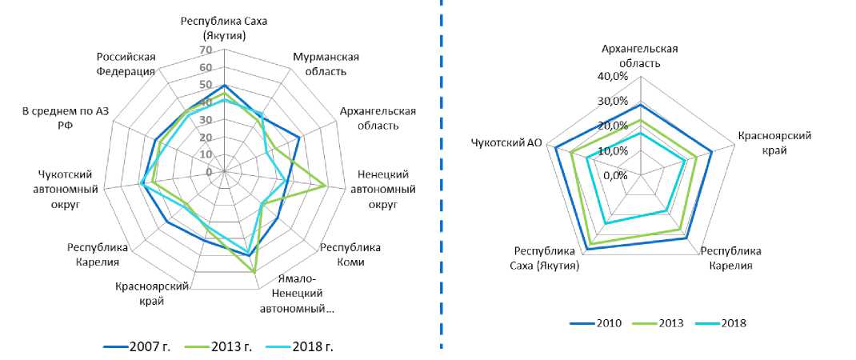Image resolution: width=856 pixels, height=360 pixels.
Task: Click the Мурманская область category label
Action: (x=326, y=65)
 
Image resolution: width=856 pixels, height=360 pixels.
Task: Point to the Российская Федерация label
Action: (x=126, y=64)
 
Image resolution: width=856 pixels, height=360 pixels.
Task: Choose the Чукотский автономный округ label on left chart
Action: (x=74, y=189)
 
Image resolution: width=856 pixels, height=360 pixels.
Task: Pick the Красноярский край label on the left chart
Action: (x=152, y=293)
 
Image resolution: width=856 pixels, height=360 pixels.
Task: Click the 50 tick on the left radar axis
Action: (x=206, y=86)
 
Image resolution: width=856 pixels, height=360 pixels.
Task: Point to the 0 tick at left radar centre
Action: (x=209, y=172)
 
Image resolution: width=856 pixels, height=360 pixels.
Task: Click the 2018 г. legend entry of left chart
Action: (x=305, y=346)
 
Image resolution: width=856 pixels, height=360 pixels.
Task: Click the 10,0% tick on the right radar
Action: (x=615, y=150)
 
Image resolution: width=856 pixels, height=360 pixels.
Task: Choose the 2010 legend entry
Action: (x=608, y=323)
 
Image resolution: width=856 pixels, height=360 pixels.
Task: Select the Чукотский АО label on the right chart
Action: (x=506, y=143)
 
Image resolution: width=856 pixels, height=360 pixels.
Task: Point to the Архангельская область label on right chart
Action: (x=640, y=56)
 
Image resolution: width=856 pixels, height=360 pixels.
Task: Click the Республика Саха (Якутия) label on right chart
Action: (x=547, y=258)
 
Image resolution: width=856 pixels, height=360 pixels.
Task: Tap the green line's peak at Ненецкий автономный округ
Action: (x=325, y=187)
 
